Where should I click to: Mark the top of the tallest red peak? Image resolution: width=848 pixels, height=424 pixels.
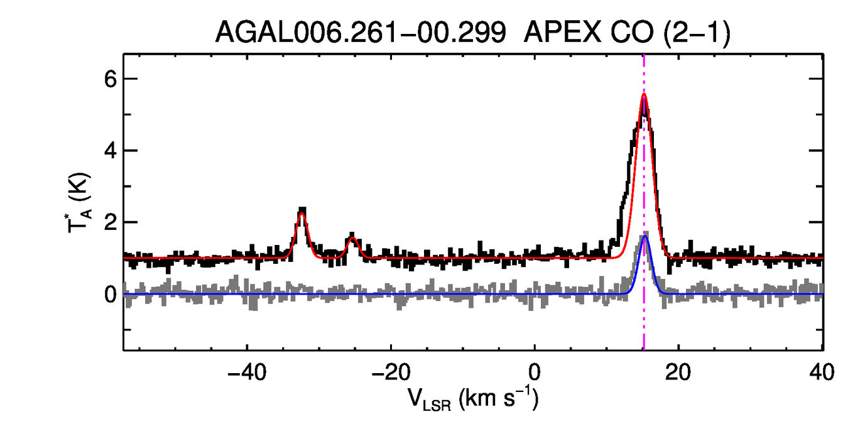coord(644,94)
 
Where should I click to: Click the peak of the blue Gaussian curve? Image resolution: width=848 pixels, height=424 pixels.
coord(645,236)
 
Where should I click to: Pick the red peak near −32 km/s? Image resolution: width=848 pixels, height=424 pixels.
coord(302,214)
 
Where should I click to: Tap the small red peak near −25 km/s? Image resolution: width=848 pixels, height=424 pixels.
coord(352,238)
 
